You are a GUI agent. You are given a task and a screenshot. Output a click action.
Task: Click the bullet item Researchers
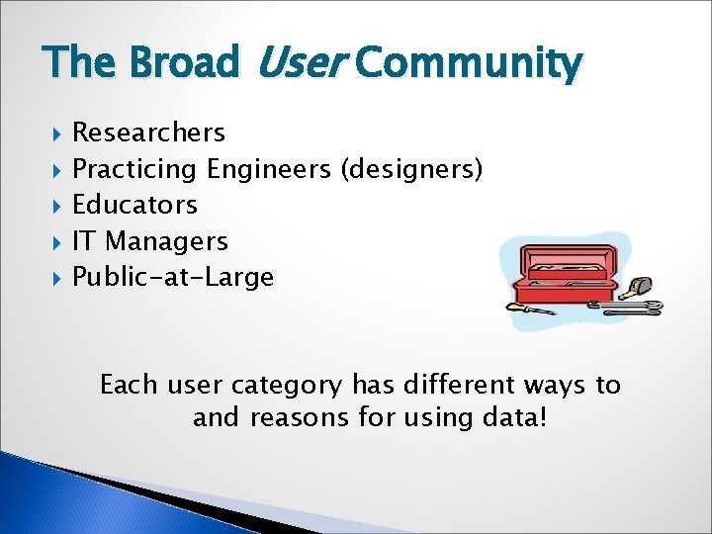tap(148, 133)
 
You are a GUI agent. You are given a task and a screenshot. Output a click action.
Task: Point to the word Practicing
tap(134, 169)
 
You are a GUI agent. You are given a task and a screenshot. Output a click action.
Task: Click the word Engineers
tap(268, 169)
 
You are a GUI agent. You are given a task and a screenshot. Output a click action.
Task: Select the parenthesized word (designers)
tap(411, 169)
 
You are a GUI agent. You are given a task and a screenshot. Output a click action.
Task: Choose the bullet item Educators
tap(134, 205)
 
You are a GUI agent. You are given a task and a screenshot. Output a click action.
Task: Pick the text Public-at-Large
tap(173, 277)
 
